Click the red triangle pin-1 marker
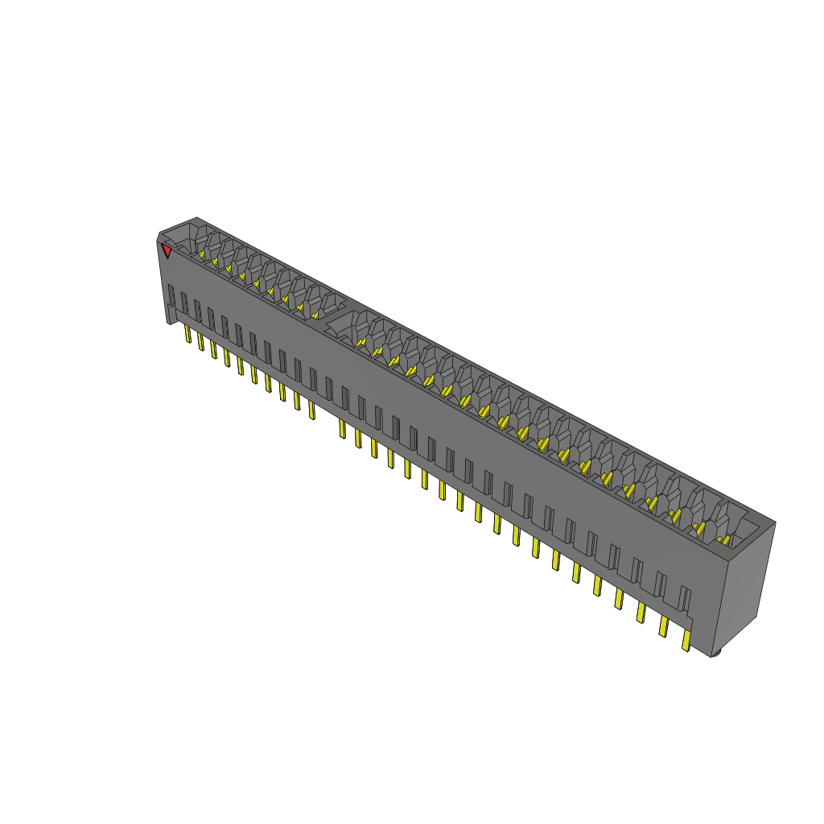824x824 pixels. [167, 251]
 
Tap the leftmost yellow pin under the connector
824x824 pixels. [187, 334]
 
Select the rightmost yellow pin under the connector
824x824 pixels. [686, 641]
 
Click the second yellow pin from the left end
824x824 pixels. [200, 341]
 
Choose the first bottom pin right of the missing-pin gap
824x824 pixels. [342, 428]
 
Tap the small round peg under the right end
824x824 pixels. [715, 653]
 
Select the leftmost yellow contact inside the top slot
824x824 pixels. [202, 255]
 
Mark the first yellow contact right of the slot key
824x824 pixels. [360, 342]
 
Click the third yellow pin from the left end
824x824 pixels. [213, 349]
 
